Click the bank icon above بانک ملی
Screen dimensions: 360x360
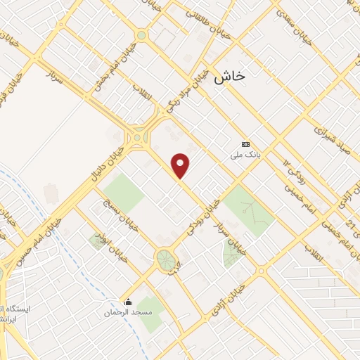(245, 143)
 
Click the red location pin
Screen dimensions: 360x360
(181, 166)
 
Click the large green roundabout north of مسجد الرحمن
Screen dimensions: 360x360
(166, 259)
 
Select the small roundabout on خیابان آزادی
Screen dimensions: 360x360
(261, 270)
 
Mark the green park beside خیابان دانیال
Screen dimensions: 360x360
(122, 193)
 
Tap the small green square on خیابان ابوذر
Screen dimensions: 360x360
(97, 241)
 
